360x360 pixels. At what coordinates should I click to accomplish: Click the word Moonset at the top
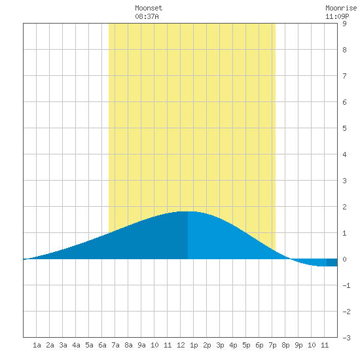149,8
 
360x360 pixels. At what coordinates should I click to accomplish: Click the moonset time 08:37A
147,16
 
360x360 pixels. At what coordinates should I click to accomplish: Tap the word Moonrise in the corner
341,8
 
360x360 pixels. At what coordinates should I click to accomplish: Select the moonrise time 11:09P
337,16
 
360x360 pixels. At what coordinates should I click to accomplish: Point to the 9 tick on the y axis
344,24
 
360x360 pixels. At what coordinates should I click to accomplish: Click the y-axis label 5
344,128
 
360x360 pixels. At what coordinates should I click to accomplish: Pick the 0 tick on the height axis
344,259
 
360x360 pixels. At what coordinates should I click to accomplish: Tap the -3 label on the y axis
346,338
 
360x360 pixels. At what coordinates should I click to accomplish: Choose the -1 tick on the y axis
346,285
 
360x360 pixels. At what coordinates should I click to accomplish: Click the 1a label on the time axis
37,345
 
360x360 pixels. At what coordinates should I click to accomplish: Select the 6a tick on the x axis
102,345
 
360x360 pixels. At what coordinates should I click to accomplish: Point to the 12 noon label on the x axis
181,345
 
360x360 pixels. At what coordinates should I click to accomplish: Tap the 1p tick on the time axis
194,345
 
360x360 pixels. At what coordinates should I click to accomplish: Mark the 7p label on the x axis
272,345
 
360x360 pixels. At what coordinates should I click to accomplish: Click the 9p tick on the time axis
298,345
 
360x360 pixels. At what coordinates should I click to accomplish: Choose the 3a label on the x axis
63,345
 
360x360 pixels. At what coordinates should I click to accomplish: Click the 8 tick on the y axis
344,50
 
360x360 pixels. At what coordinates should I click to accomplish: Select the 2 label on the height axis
344,207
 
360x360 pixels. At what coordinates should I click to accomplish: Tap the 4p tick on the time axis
233,345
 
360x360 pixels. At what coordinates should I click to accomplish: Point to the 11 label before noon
168,345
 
